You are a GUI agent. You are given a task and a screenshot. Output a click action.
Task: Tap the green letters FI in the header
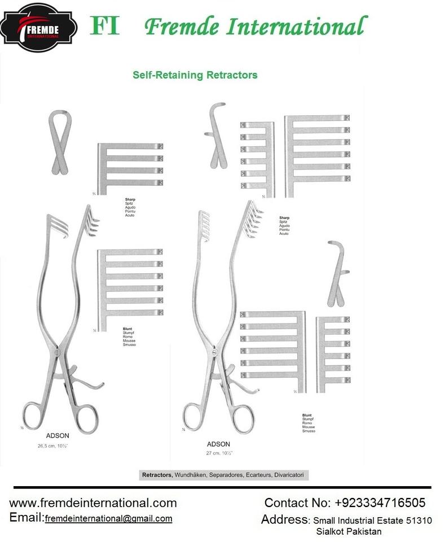(x=105, y=25)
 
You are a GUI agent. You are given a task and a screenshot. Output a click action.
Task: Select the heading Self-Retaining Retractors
(x=195, y=75)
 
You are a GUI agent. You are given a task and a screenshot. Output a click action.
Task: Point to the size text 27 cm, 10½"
(x=221, y=453)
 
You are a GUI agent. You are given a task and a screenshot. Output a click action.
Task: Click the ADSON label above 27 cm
(x=218, y=444)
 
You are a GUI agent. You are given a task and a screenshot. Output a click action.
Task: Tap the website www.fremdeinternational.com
(x=93, y=502)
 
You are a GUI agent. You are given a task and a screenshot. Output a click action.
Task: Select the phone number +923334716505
(x=380, y=502)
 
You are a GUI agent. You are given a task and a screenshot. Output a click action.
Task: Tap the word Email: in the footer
(x=27, y=518)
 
